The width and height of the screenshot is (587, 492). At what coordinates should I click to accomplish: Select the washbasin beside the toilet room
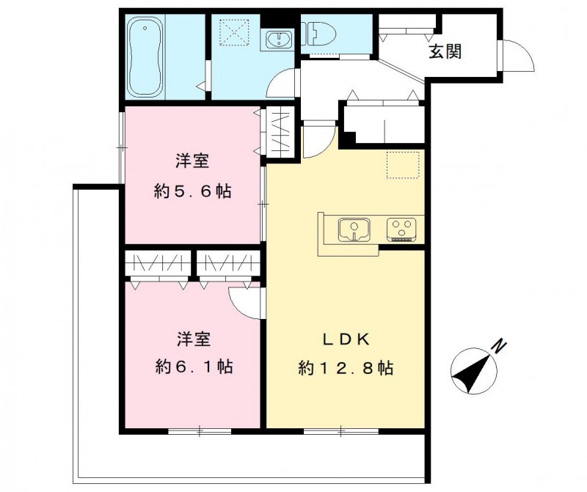click(x=280, y=39)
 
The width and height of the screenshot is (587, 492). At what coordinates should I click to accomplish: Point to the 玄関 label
click(x=445, y=51)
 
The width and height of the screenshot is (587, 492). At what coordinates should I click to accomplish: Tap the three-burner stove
click(x=402, y=229)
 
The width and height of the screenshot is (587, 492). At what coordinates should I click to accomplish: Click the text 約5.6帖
click(x=193, y=192)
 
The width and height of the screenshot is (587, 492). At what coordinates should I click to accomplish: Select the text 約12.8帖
click(x=346, y=367)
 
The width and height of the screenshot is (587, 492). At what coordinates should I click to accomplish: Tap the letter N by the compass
click(x=498, y=345)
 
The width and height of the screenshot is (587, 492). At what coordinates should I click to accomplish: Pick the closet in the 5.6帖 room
click(x=280, y=133)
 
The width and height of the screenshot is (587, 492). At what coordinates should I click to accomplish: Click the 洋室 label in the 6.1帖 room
click(x=193, y=339)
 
